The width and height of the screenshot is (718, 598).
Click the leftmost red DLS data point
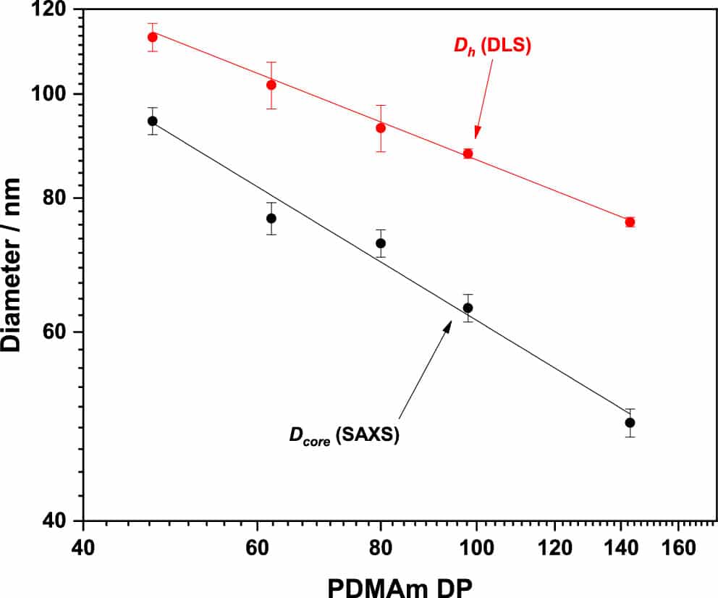[x=152, y=37]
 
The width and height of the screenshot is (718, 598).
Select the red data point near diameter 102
[x=271, y=85]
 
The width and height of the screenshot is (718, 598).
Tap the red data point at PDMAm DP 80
[x=381, y=127]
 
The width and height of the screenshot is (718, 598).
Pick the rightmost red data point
[x=630, y=222]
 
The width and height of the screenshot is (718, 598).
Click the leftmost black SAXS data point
[x=152, y=121]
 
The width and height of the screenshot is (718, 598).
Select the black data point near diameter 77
[x=271, y=218]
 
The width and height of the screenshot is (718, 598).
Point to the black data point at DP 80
[x=381, y=243]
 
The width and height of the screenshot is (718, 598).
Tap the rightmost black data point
[x=630, y=422]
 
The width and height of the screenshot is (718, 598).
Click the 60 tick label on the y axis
[x=55, y=332]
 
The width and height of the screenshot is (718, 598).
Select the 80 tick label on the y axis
[x=55, y=198]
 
